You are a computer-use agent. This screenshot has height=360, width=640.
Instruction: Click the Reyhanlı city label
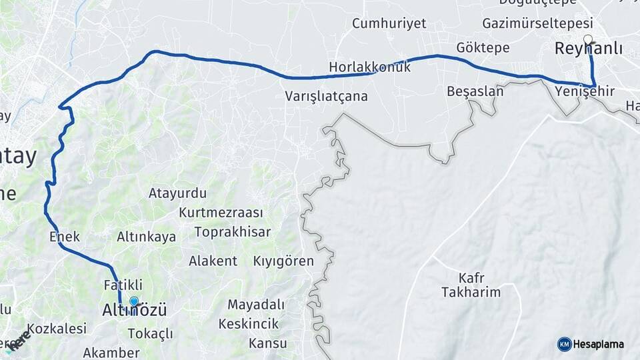click(x=589, y=49)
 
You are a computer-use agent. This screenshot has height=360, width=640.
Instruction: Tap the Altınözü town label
click(x=134, y=311)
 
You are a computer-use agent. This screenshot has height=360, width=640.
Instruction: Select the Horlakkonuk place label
click(x=369, y=67)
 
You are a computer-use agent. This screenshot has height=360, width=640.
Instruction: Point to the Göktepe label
click(x=483, y=48)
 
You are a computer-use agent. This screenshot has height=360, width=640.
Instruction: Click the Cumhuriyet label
click(x=389, y=24)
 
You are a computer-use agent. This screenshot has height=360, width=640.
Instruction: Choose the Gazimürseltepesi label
click(x=537, y=23)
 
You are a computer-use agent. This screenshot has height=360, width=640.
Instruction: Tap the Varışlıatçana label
click(x=326, y=96)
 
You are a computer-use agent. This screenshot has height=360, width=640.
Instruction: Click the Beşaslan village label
click(x=475, y=91)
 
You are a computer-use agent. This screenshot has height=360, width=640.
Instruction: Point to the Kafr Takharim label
click(x=470, y=285)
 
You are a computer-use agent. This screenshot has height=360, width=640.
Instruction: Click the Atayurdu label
click(x=177, y=193)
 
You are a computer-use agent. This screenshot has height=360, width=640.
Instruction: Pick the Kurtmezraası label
click(x=221, y=213)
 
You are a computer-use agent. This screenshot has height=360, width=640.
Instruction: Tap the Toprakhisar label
click(x=233, y=232)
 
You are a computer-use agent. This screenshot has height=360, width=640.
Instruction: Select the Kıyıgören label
click(x=283, y=261)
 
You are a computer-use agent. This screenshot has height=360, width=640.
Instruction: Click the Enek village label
click(x=65, y=236)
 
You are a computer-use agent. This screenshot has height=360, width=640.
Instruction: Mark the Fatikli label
click(x=123, y=285)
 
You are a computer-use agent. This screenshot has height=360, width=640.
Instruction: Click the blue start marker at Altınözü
click(x=134, y=301)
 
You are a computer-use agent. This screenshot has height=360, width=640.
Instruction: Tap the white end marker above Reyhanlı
click(x=587, y=39)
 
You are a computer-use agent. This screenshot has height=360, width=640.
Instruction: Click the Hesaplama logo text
click(x=599, y=345)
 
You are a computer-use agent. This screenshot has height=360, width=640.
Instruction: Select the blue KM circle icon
click(x=564, y=344)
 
